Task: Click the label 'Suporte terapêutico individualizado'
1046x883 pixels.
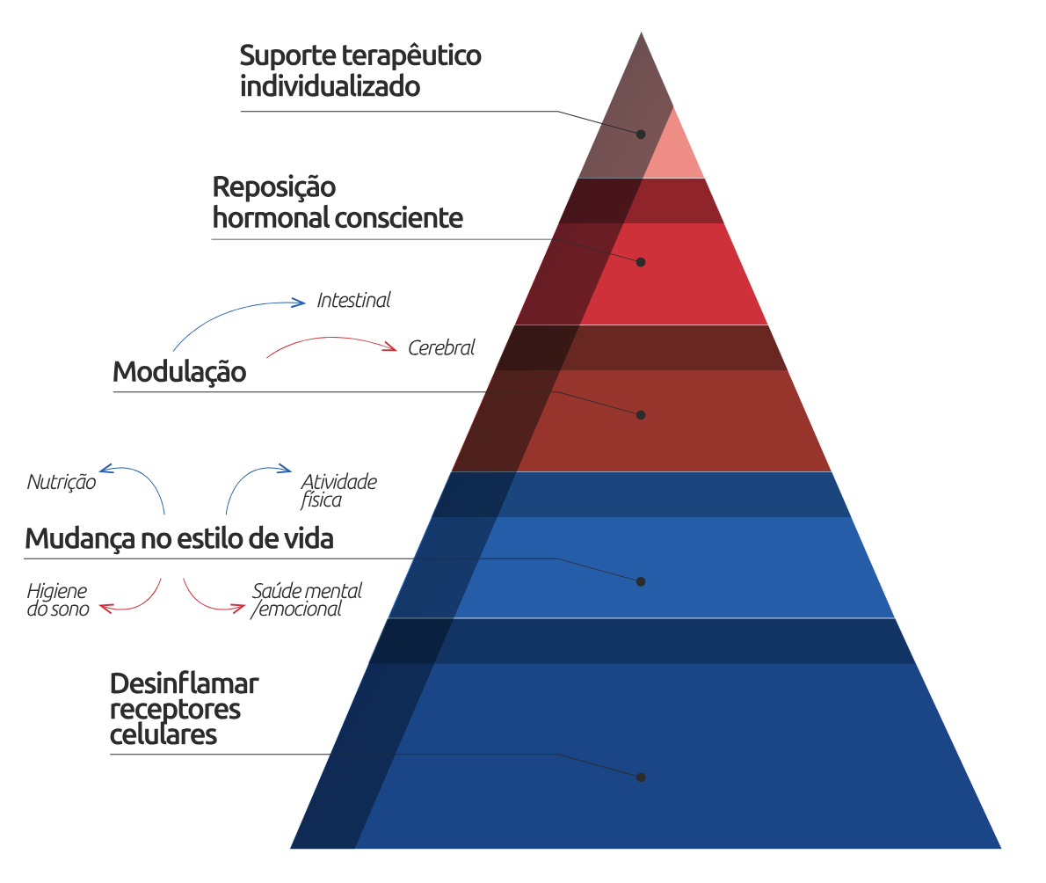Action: coord(360,71)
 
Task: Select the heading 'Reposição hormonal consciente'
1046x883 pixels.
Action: coord(337,203)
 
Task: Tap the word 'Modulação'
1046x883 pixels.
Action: coord(179,372)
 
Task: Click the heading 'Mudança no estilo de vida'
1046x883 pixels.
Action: coord(178,538)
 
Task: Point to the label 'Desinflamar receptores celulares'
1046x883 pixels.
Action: coord(185,709)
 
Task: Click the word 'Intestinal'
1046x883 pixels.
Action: coord(353,301)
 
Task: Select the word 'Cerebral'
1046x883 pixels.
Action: coord(441,348)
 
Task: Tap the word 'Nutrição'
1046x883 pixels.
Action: coord(62,482)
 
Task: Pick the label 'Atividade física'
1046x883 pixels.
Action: coord(338,491)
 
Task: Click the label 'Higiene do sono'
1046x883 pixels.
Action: coord(58,600)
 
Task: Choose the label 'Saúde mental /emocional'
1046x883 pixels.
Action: coord(306,600)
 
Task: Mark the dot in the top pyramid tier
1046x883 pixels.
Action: coord(641,135)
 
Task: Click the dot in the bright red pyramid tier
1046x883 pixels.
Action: coord(641,262)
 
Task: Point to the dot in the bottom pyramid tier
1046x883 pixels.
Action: coord(641,777)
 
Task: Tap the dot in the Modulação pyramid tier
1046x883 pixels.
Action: coord(641,414)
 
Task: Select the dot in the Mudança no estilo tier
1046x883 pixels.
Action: coord(641,581)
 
